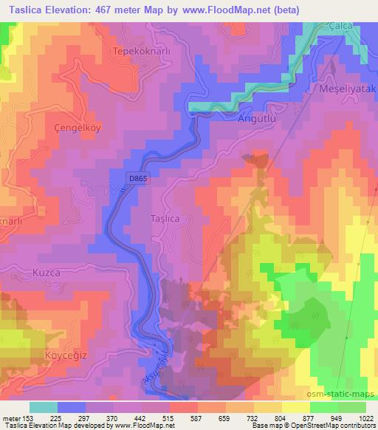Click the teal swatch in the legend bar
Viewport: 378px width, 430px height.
pyautogui.click(x=44, y=406)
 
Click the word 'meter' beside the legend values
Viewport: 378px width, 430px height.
pyautogui.click(x=10, y=417)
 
